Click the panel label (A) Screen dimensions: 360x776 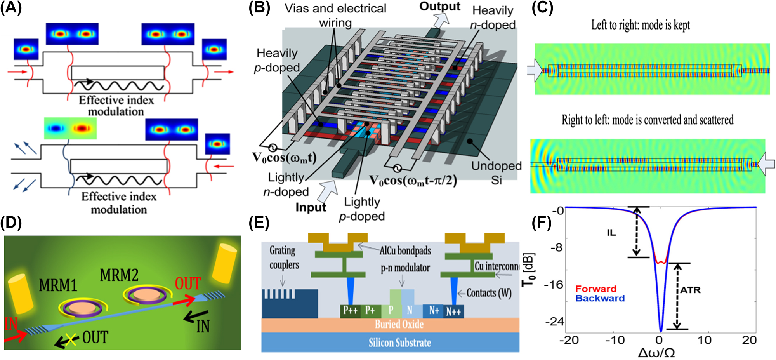coord(11,8)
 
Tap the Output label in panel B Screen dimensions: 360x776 coord(439,7)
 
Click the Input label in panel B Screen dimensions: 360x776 coord(311,207)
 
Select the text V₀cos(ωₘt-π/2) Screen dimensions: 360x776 coord(413,181)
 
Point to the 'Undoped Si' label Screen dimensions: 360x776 coord(496,172)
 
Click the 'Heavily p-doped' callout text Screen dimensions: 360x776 coord(276,60)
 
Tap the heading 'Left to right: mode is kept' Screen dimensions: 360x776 coord(641,25)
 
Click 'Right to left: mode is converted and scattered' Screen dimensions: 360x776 coord(648,120)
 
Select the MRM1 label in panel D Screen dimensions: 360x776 coord(58,285)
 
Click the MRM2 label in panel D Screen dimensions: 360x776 coord(119,275)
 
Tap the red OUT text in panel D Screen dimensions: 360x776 coord(188,284)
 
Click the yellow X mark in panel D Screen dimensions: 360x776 coord(70,340)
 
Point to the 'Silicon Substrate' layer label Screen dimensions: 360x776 coord(399,343)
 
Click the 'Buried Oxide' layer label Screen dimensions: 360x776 coord(399,324)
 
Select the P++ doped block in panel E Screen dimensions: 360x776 coord(350,311)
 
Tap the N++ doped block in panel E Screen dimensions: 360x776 coord(453,311)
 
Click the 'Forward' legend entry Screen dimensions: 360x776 coord(595,289)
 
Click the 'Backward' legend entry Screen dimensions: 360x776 coord(600,299)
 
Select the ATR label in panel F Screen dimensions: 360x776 coord(690,290)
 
